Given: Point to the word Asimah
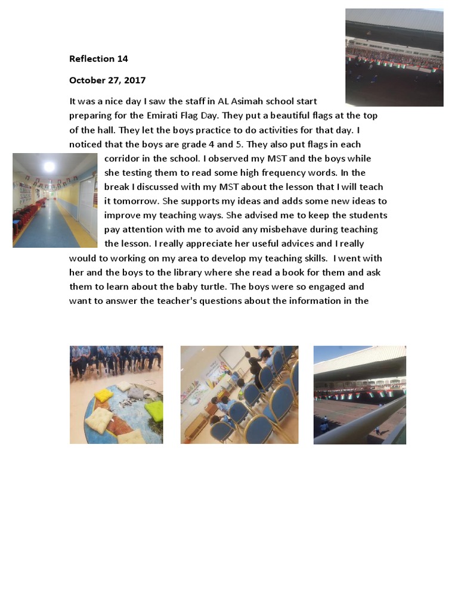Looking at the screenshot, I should pos(256,101).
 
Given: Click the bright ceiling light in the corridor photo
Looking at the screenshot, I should pos(49,166).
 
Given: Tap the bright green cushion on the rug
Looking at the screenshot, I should pos(154,410).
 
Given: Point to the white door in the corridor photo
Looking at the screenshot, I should pos(87,206).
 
